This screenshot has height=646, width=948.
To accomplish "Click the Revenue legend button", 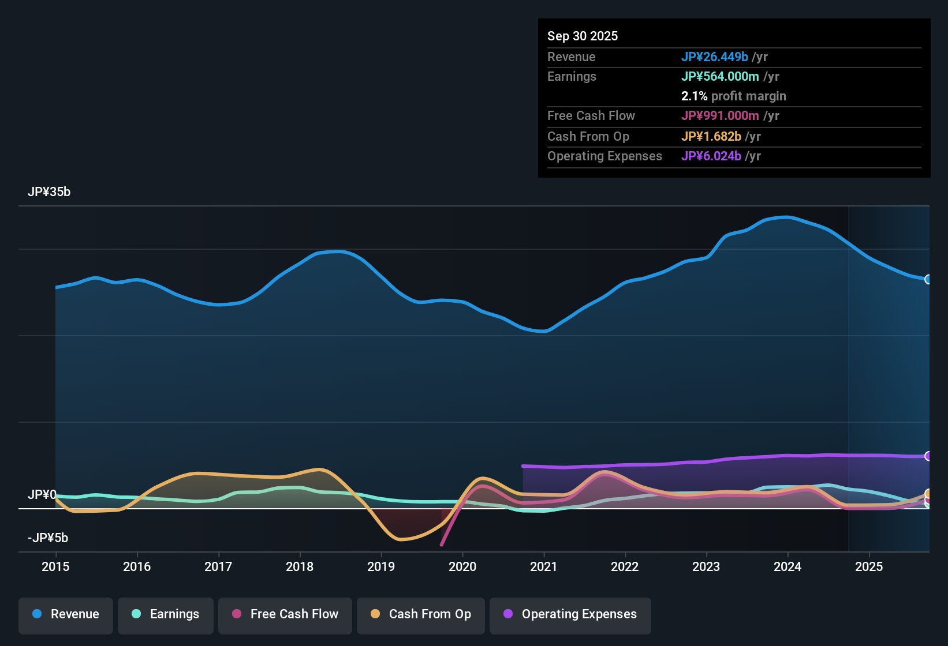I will [66, 614].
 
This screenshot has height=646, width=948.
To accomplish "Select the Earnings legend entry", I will [166, 614].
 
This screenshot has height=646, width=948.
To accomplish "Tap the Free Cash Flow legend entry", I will [285, 614].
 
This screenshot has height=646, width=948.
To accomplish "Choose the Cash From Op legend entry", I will [421, 614].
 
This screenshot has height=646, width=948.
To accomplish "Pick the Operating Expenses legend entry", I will [570, 614].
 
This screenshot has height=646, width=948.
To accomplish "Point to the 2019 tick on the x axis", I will [381, 566].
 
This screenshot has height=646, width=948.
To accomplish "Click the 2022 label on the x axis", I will [625, 566].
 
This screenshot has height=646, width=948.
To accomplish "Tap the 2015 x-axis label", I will [55, 566].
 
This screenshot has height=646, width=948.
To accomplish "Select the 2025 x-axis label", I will [869, 566].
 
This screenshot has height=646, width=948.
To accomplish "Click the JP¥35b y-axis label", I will [49, 192].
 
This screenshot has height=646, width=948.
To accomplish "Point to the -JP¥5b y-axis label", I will [48, 538].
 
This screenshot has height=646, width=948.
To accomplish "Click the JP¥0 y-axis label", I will [42, 495].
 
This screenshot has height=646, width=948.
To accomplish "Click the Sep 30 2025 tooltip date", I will [583, 36].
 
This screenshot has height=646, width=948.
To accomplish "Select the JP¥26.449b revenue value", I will [715, 57].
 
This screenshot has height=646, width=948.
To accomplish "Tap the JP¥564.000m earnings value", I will [720, 76].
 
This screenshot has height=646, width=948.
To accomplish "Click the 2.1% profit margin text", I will [733, 96].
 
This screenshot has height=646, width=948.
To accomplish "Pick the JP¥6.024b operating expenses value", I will [711, 156].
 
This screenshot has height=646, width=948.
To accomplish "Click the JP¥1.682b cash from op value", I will [711, 137].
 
